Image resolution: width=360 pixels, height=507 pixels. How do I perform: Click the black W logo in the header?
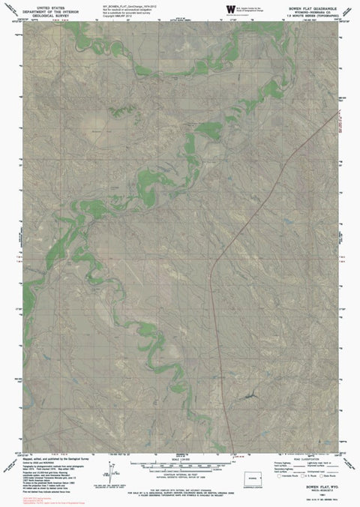point(229,8)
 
